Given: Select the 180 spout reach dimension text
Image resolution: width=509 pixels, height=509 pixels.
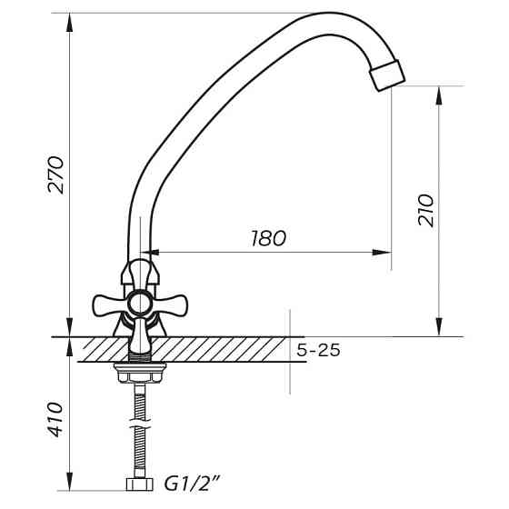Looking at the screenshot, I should click(267, 238).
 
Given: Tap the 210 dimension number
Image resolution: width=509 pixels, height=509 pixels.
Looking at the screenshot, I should click(428, 210).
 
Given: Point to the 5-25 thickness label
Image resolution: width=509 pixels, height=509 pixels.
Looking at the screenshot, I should click(318, 350).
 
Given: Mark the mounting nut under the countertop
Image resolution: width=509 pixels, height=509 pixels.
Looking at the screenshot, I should click(138, 368).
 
